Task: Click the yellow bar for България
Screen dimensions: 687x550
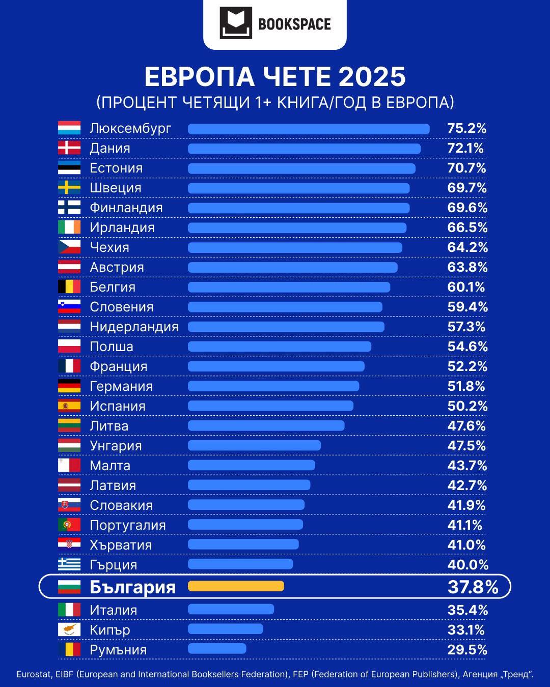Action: pos(236,586)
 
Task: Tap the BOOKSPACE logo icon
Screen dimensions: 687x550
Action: pos(236,23)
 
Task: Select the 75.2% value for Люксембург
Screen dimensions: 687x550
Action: pos(466,128)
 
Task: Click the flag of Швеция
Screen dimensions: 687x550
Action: pos(69,188)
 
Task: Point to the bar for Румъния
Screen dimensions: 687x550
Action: pos(217,649)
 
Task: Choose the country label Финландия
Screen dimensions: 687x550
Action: pos(126,208)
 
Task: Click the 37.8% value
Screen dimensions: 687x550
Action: pos(473,587)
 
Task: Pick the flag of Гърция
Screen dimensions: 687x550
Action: pos(69,564)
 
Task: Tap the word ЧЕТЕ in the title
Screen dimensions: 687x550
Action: pos(296,77)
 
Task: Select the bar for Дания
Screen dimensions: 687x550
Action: pos(304,149)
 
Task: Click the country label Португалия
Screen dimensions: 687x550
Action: pos(128,525)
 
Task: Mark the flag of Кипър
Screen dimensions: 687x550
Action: pos(69,629)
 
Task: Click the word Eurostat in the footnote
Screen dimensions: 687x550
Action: pos(34,674)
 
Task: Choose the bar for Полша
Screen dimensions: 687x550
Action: pos(280,347)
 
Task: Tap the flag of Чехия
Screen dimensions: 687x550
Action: pos(69,247)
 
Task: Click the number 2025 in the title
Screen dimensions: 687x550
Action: pos(372,77)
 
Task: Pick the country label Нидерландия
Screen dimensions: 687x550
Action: pos(134,327)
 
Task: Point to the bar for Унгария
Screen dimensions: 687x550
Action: pos(254,446)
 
